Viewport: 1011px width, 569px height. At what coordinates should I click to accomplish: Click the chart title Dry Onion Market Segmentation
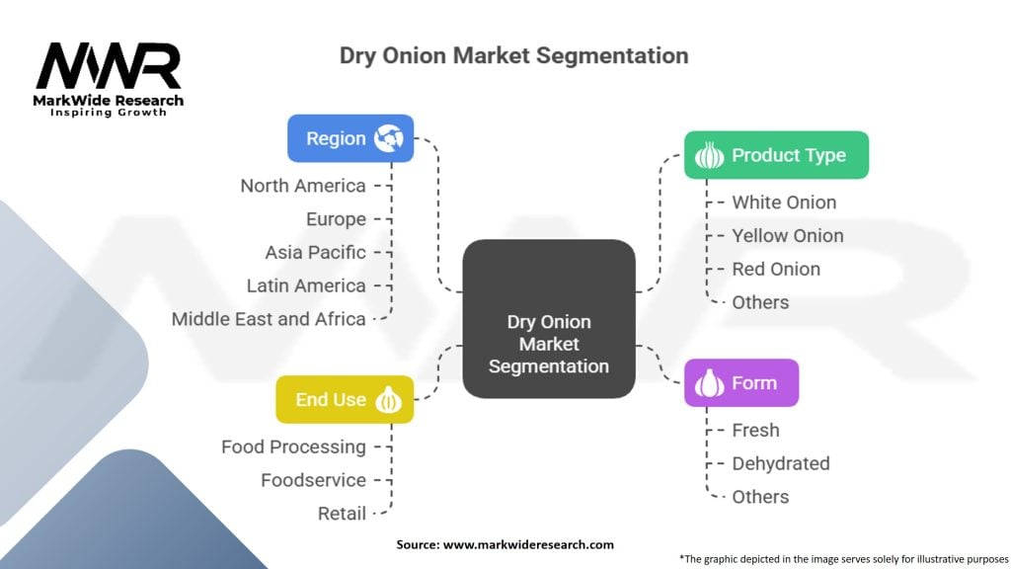513,55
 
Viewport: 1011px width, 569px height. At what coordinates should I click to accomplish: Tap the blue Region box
350,138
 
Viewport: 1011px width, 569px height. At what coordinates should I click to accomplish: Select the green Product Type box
776,155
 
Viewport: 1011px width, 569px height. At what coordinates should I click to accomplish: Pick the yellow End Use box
345,399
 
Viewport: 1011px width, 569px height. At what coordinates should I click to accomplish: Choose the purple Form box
740,383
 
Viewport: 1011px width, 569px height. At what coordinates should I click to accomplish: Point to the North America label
303,186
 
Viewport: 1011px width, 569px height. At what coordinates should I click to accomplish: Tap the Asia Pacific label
315,252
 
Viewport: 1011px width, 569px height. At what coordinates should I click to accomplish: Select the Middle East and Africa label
269,319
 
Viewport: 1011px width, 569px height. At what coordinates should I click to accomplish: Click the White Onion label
784,203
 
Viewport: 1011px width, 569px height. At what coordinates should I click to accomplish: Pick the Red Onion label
776,269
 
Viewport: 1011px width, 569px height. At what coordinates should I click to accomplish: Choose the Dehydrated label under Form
780,463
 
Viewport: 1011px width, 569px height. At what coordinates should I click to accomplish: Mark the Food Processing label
293,447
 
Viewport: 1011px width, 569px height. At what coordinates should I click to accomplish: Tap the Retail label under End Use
342,514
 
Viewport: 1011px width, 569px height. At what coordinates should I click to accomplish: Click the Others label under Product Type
760,302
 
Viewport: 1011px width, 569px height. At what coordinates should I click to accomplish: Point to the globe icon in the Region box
389,139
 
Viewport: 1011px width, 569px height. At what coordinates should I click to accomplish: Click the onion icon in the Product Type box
709,156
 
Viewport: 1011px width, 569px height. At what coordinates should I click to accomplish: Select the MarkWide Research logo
109,79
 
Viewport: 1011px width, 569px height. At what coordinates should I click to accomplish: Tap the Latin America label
306,285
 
